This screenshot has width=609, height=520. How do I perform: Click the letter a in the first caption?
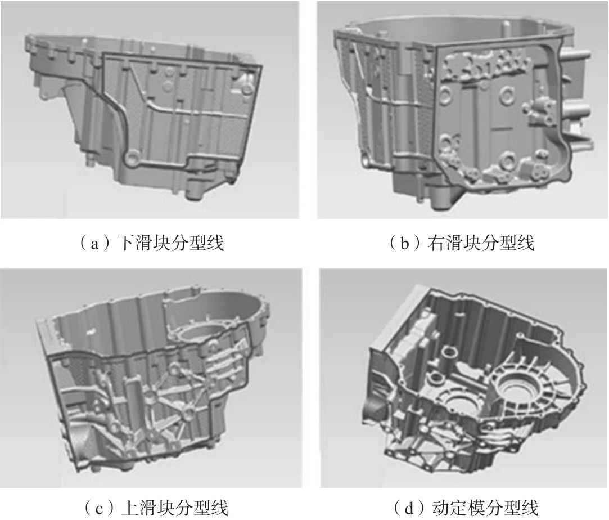[x=93, y=244]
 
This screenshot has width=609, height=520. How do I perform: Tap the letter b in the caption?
[x=405, y=243]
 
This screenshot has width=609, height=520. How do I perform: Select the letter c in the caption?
[x=98, y=508]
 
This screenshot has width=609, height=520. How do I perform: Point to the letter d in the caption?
[x=409, y=507]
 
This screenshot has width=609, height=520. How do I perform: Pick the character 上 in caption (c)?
[x=130, y=507]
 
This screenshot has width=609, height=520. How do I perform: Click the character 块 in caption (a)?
[x=161, y=243]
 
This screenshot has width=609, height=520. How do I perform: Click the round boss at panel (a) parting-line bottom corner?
[x=133, y=159]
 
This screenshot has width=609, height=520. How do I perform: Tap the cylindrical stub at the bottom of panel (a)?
[x=194, y=191]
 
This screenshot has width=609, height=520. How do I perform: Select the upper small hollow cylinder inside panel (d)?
[x=449, y=353]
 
